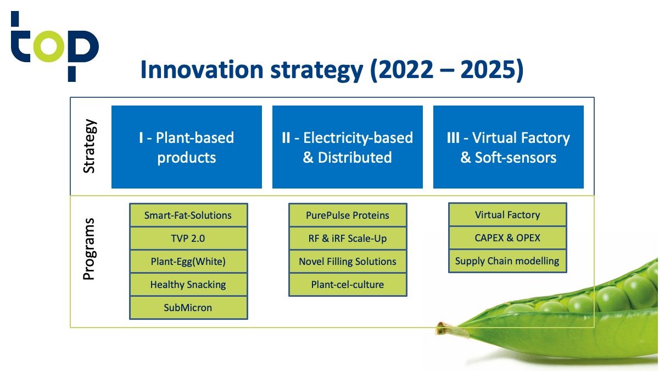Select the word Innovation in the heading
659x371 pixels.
(x=202, y=70)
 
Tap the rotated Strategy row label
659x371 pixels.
(x=90, y=146)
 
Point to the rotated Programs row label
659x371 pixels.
(x=89, y=249)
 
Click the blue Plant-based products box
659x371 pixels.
(x=187, y=147)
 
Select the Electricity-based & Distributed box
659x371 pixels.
(x=348, y=147)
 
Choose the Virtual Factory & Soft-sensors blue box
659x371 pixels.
(x=509, y=147)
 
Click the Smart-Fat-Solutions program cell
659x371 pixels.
(x=188, y=215)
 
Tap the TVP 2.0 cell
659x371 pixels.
(x=188, y=238)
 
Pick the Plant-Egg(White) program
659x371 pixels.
(x=188, y=262)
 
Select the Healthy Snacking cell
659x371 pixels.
(x=188, y=285)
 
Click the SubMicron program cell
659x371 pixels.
(x=188, y=308)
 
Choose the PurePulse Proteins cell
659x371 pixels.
(x=348, y=215)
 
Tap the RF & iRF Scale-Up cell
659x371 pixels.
(x=348, y=238)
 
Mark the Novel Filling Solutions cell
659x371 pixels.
(x=348, y=262)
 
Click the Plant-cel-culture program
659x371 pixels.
(x=348, y=285)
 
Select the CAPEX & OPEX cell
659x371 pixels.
(x=507, y=238)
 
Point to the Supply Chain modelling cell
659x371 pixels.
(x=507, y=261)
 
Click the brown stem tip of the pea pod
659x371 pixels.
(x=439, y=328)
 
